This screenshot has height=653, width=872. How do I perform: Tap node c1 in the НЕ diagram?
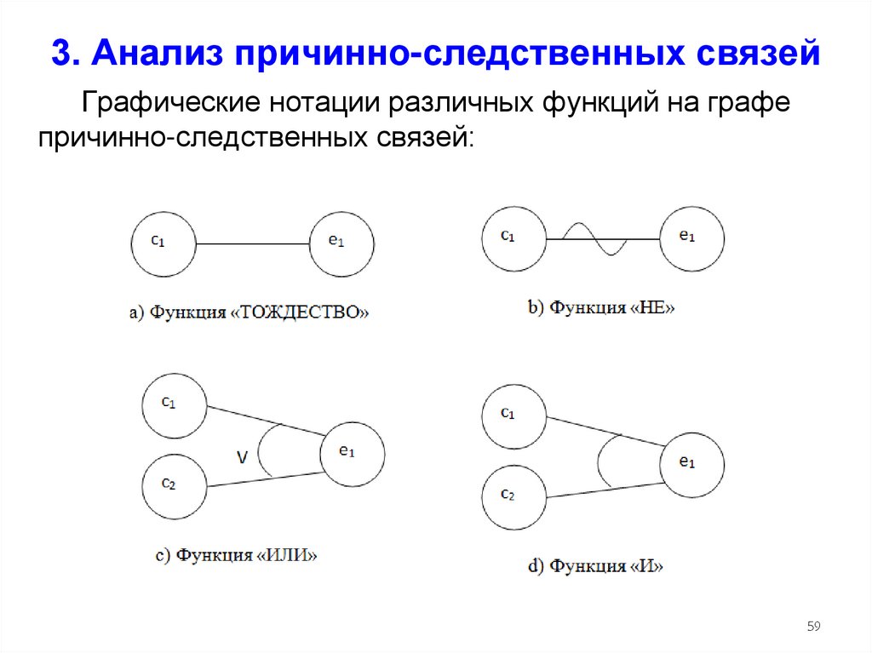513,238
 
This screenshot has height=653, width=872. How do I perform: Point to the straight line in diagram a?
253,244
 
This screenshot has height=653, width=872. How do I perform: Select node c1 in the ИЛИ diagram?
174,405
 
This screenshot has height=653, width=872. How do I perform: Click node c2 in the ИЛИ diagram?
174,486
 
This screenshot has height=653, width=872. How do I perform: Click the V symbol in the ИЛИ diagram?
242,458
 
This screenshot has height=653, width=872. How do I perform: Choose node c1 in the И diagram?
513,415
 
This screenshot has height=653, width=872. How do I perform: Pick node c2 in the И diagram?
513,496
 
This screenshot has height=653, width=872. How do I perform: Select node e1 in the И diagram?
692,464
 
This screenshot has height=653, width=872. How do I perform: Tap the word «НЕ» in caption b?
654,307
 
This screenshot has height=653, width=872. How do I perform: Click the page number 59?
813,627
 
